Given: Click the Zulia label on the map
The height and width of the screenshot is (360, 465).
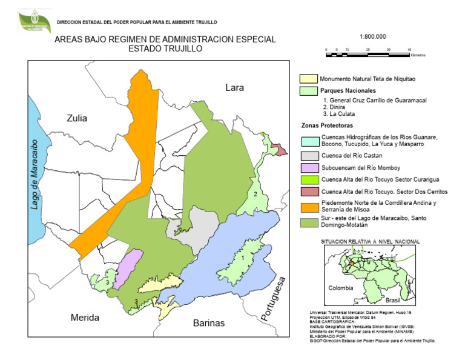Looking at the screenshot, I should coord(77,118).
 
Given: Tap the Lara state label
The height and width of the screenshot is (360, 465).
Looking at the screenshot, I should coord(234,88).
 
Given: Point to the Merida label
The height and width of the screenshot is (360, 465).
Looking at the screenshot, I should coord(85,318).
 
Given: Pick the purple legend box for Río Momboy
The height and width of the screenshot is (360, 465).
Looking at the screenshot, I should coord(309,168).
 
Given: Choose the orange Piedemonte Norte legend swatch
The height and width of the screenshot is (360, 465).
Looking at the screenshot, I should coord(309,206).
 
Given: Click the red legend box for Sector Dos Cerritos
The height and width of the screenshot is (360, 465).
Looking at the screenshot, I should coord(309,192).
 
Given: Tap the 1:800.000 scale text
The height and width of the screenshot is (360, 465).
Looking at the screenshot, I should coord(372,36).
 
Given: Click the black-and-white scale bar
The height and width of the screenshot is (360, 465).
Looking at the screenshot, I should coord(368,55).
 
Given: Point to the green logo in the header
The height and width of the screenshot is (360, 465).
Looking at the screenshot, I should coord(34,21).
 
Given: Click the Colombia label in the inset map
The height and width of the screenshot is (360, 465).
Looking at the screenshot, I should coord(340,288).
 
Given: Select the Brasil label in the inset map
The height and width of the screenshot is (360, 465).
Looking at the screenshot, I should coord(394,300).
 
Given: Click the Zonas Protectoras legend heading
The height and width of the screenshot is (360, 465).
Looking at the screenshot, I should coord(331,125).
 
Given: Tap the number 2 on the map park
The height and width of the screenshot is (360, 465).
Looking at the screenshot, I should coord(256,194).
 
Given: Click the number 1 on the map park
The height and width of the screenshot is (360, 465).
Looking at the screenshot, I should coord(243,258).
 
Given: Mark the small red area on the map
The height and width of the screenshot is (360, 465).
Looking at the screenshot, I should coord(279,148).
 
